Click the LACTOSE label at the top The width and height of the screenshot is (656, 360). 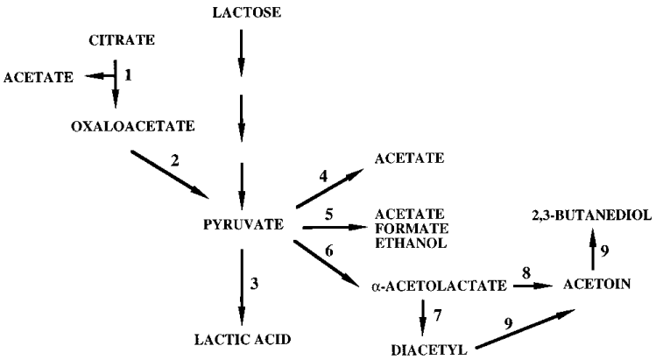[242, 11]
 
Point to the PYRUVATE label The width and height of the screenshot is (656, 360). [242, 225]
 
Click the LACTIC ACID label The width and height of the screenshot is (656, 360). [242, 339]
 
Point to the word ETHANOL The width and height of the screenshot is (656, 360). [410, 244]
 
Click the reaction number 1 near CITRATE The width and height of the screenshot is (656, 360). [128, 76]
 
